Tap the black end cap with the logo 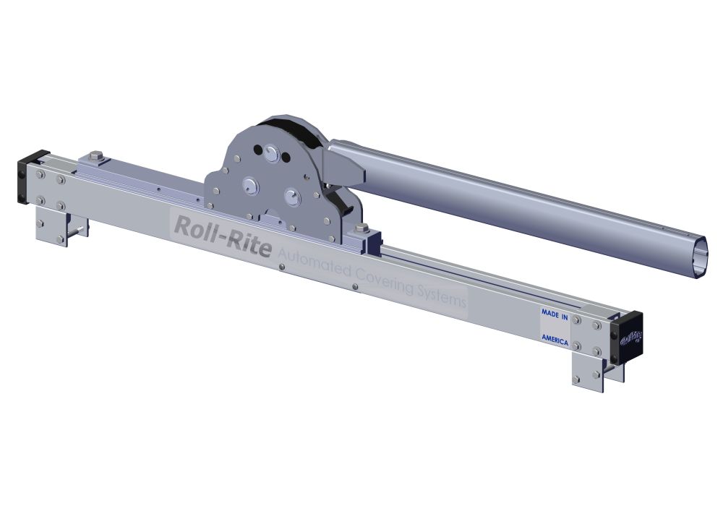tap(627, 338)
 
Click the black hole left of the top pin tap(257, 150)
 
